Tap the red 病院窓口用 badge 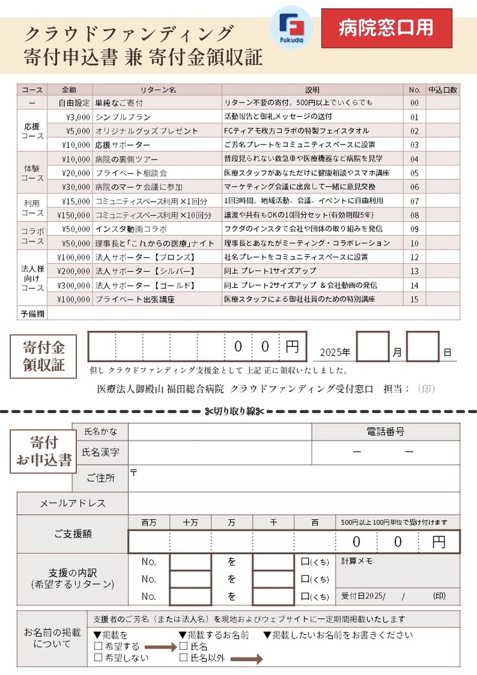coord(386,28)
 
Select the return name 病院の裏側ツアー coord(126,159)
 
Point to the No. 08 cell coord(414,215)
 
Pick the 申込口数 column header coord(443,89)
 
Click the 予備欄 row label coord(32,313)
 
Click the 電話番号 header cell coord(386,431)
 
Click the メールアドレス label coord(64,503)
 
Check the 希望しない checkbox coord(98,657)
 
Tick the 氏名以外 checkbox coord(183,657)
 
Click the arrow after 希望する coord(159,646)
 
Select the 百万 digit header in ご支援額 coord(148,523)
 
